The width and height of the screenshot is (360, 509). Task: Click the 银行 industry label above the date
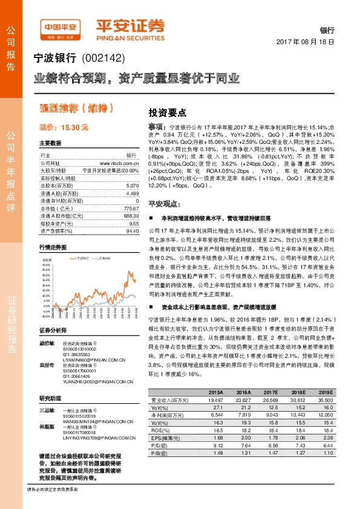pyautogui.click(x=327, y=30)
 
